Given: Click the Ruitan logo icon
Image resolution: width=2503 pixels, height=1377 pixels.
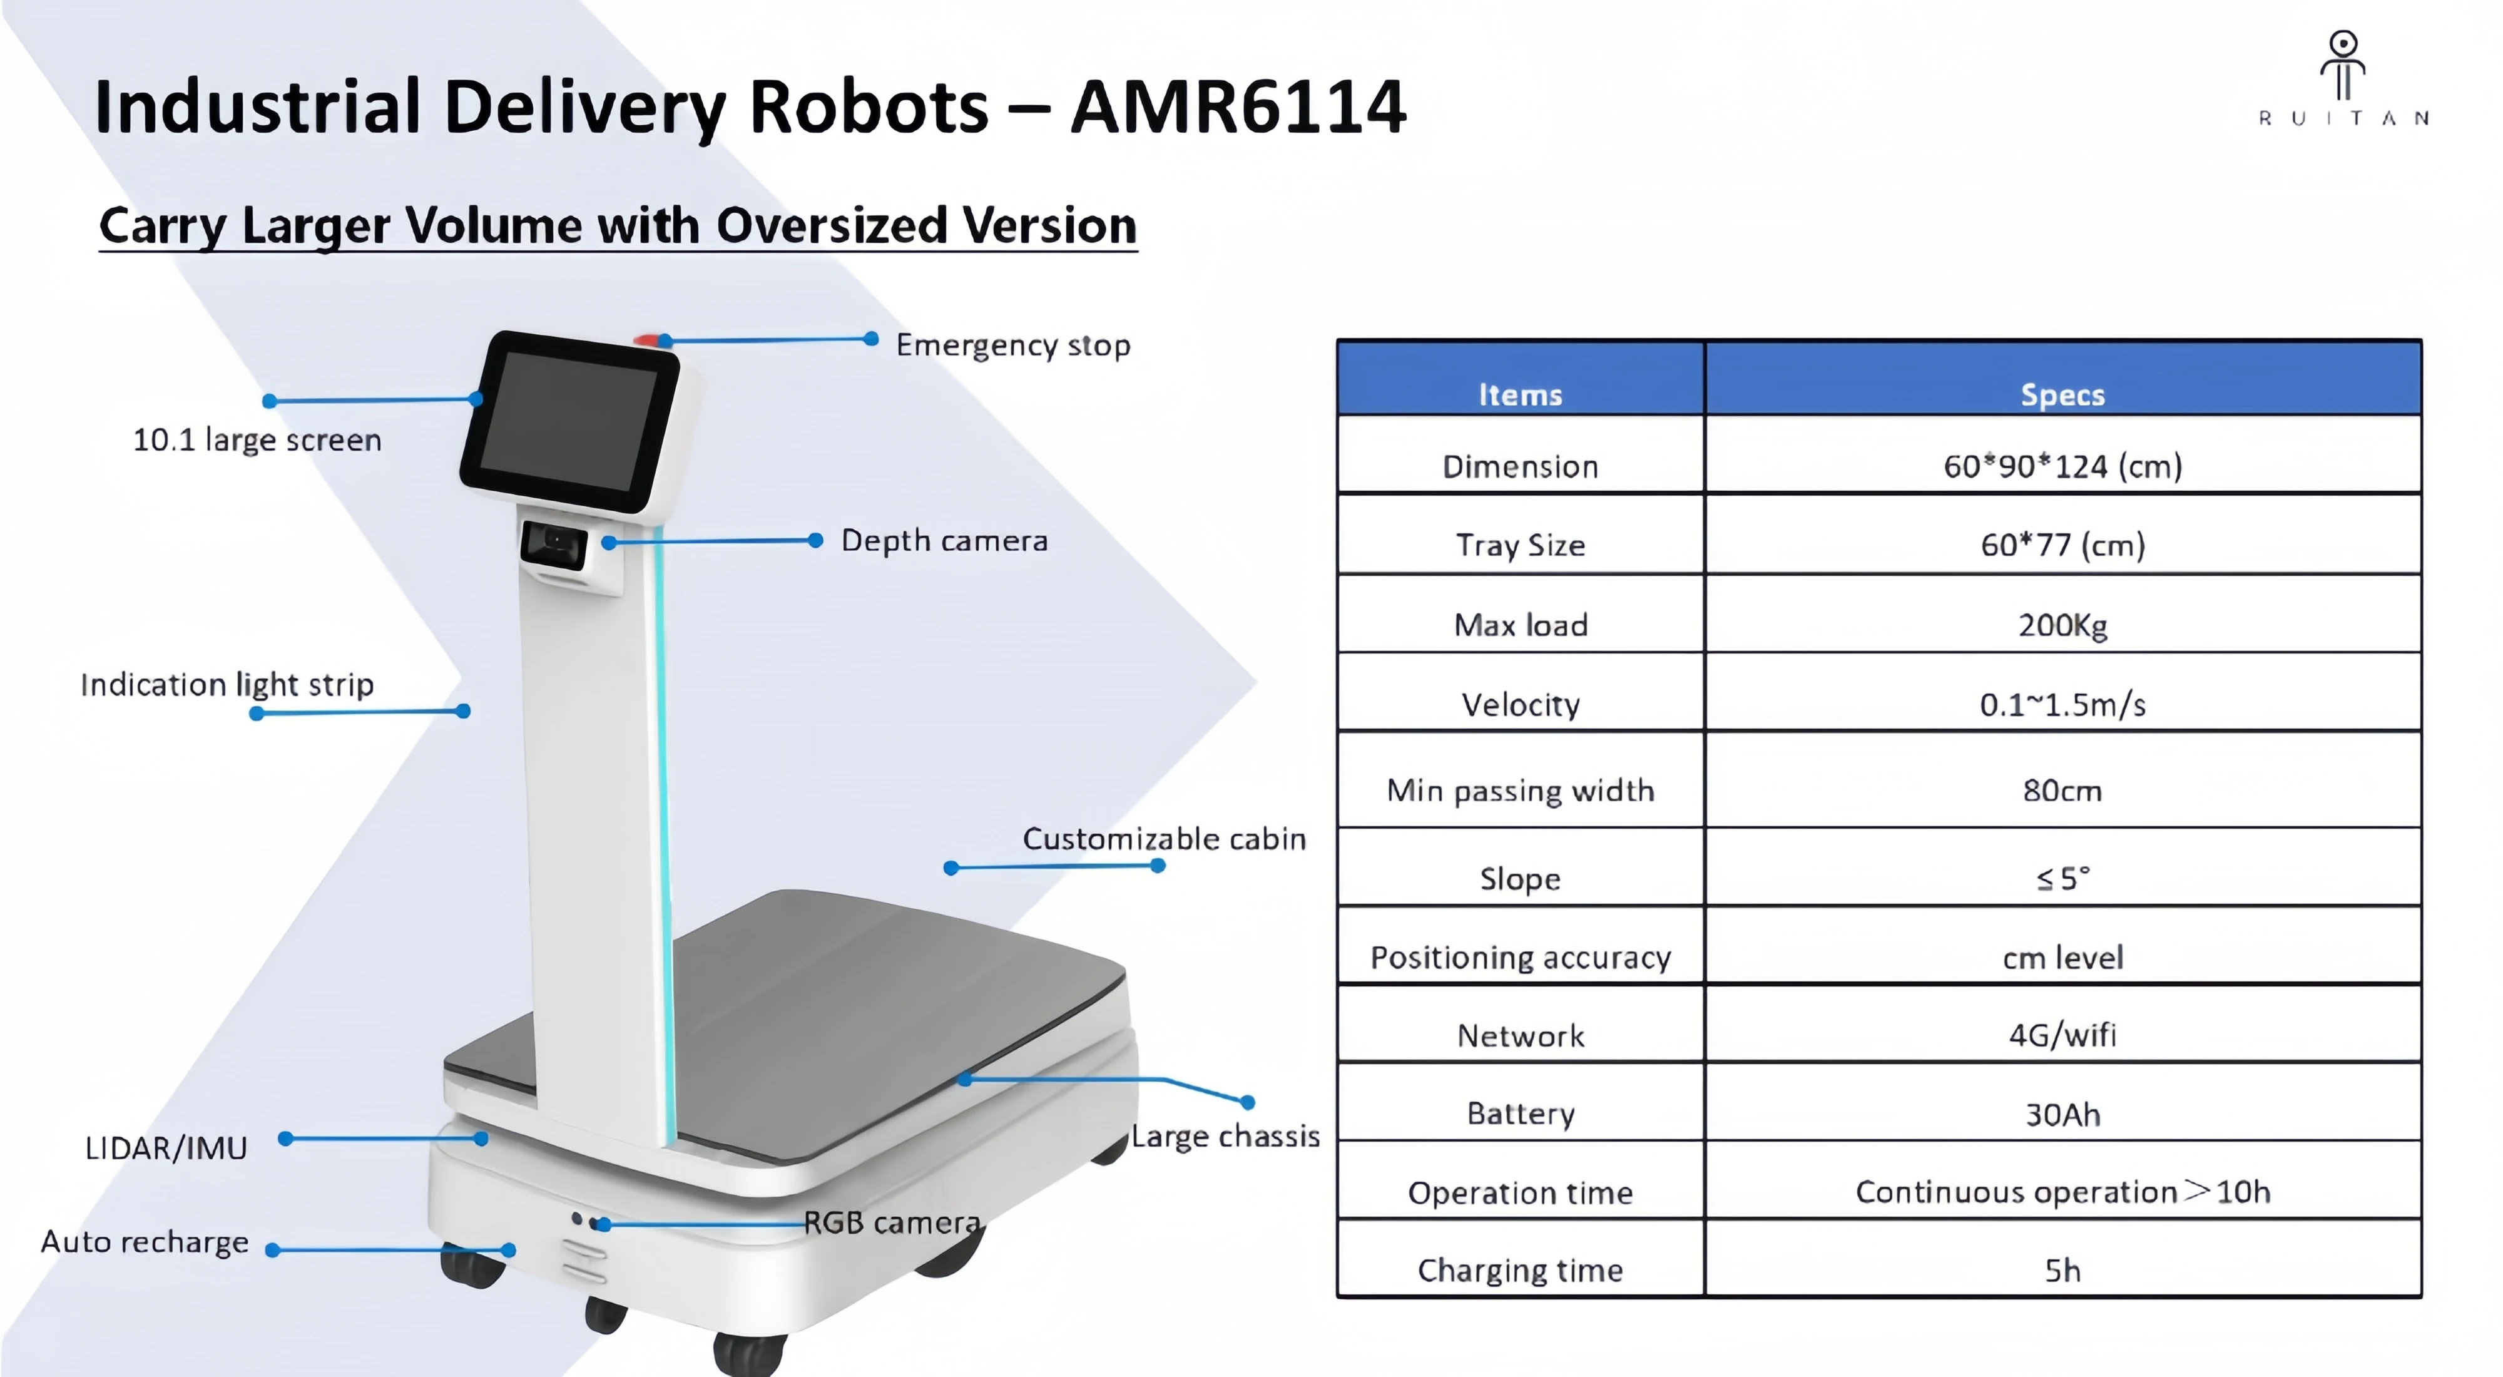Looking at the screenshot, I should (2343, 63).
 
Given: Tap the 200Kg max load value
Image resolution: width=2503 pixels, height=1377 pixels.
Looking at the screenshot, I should (2062, 625).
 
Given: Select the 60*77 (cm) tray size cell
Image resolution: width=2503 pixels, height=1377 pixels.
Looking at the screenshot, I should (2062, 545).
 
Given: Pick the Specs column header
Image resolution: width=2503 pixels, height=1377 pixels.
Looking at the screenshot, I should (2062, 394).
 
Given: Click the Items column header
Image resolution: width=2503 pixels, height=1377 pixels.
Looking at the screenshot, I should (1520, 394).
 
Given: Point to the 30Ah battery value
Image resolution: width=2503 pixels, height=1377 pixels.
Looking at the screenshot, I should (2062, 1113).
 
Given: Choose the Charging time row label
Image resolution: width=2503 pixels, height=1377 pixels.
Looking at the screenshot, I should (1520, 1270).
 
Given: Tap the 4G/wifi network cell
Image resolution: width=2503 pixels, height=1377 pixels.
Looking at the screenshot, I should (2062, 1035).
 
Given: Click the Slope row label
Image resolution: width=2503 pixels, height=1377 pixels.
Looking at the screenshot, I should (1520, 879).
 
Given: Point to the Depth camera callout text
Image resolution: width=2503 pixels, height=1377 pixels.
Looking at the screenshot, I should (944, 540).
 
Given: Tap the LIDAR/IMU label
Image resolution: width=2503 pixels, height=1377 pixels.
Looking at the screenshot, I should (166, 1149).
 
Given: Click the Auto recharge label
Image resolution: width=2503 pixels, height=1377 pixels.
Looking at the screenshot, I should (145, 1242).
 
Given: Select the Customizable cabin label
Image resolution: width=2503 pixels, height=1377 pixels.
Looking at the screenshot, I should (1164, 839).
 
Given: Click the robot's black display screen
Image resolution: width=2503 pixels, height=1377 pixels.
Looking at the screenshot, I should (569, 421).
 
